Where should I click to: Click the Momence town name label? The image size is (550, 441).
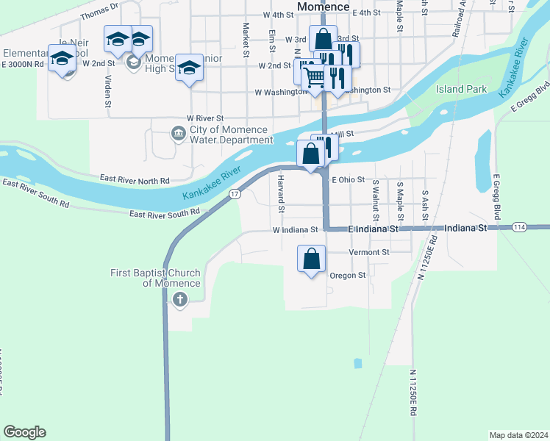pos(324,7)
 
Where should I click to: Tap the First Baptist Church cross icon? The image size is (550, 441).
pos(179,299)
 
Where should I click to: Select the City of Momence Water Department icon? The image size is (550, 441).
pos(177,134)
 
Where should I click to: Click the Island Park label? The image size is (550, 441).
pos(461,89)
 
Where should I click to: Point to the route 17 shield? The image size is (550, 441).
pos(234,193)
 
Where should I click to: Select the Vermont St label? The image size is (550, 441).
pos(368,252)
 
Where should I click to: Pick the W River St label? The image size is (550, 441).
pos(205,118)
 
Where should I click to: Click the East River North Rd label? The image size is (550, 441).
pos(135,179)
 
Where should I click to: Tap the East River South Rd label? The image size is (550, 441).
pos(164,213)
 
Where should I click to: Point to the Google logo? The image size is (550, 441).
pos(24,432)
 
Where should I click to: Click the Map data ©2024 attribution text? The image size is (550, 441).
pos(518,434)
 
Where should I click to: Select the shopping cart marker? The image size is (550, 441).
pos(314,76)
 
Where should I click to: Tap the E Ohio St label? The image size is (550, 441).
pos(348,179)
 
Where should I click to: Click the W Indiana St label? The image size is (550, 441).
pos(295,229)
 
